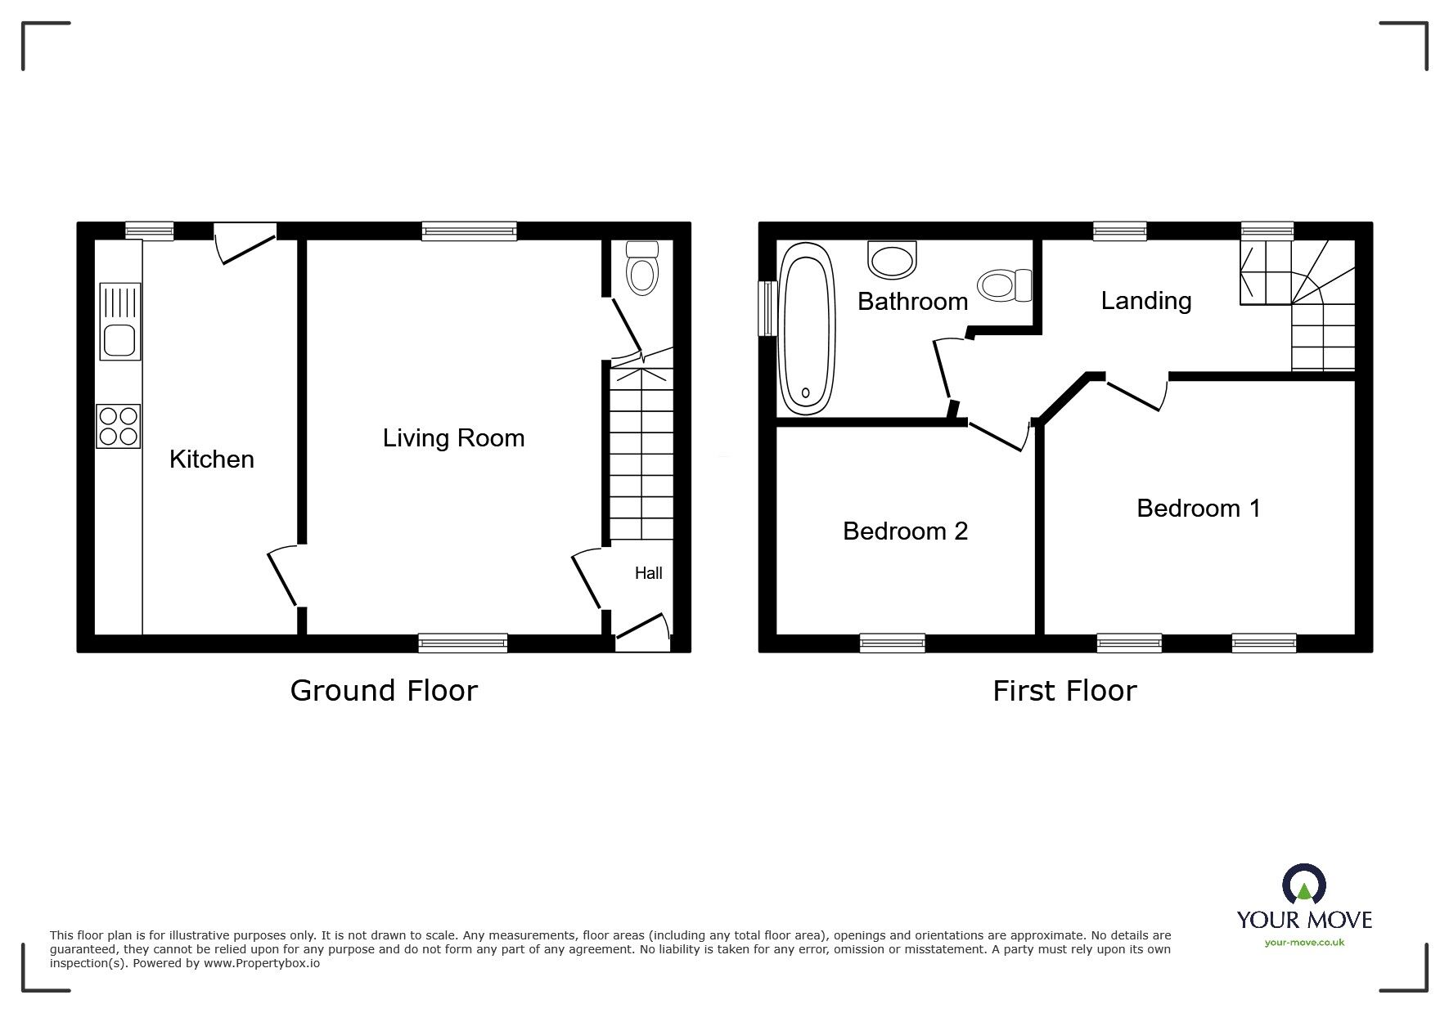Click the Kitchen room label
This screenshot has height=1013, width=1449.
coord(212,459)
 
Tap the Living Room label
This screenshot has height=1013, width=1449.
coord(454,438)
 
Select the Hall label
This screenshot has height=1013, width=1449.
coord(649,573)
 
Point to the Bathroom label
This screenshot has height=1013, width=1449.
coord(913,302)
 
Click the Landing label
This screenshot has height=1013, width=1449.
coord(1146,301)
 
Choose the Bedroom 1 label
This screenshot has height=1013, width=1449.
coord(1199,509)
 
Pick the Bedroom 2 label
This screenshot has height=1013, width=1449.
coord(906,531)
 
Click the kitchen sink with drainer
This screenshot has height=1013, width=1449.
coord(120,321)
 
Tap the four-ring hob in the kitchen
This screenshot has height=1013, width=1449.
coord(119,426)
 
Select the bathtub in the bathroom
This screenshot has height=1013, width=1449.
coord(808,329)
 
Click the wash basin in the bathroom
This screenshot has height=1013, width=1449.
coord(892,259)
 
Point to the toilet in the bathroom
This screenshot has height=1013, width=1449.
coord(1005,285)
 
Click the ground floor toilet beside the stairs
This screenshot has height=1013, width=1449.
coord(642,268)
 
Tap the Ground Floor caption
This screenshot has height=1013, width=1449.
coord(384,691)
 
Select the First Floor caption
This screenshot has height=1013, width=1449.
coord(1064,692)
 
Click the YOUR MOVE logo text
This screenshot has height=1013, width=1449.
coord(1304,920)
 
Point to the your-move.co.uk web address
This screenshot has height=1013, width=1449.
coord(1304,943)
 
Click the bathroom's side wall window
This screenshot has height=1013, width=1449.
coord(767,308)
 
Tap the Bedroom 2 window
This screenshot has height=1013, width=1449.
coord(893,643)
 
